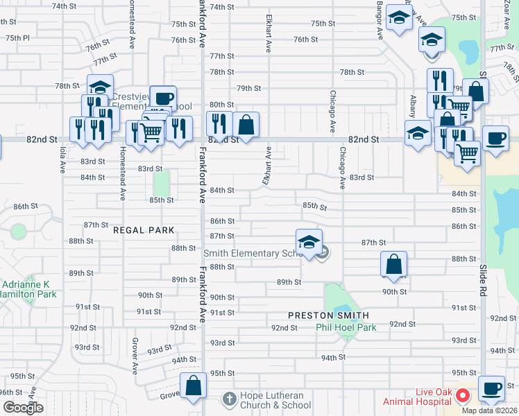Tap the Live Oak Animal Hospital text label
pos(414,397)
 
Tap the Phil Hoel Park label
pos(346,327)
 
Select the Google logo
pos(22,408)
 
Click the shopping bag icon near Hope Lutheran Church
pos(194,388)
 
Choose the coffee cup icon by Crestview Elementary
pos(163,99)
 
